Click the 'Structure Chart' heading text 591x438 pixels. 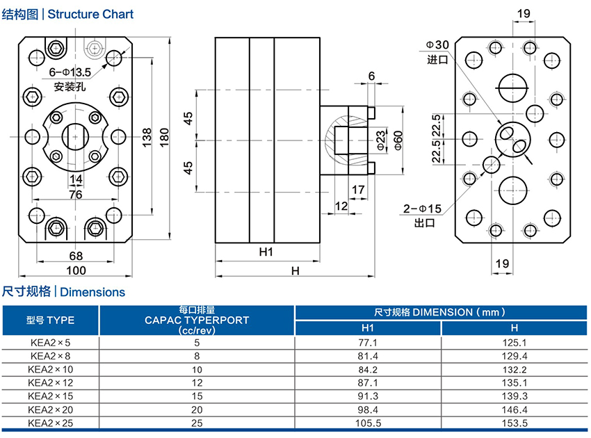(90, 14)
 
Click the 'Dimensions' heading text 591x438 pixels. (92, 292)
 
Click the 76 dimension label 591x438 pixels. (76, 195)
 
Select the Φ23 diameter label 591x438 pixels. (380, 140)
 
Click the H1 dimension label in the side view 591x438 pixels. (266, 251)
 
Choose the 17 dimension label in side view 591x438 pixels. (357, 190)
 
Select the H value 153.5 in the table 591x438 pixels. (515, 422)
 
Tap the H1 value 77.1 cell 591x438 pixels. (368, 342)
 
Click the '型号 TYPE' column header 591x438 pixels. (51, 320)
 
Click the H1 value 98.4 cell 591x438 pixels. (368, 408)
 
